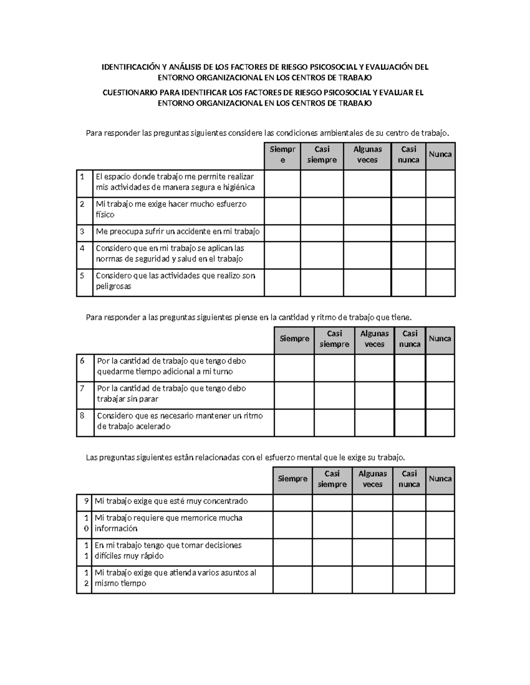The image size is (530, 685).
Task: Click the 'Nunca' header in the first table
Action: tap(440, 154)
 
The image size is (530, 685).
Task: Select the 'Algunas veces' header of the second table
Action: tap(374, 339)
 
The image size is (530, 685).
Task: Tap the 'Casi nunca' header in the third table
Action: tap(409, 479)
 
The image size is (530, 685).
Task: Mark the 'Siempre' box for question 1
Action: tap(283, 183)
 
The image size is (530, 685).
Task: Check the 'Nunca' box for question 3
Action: tap(440, 232)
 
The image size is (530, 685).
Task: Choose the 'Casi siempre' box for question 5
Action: tap(322, 282)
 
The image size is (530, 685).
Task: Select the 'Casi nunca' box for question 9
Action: tap(409, 502)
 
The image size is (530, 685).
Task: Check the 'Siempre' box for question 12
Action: tap(292, 580)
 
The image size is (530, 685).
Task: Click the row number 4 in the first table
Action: tap(82, 248)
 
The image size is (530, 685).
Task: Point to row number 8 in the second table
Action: tap(82, 415)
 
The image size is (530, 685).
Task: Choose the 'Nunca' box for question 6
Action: tap(440, 367)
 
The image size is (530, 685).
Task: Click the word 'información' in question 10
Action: tap(116, 528)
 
